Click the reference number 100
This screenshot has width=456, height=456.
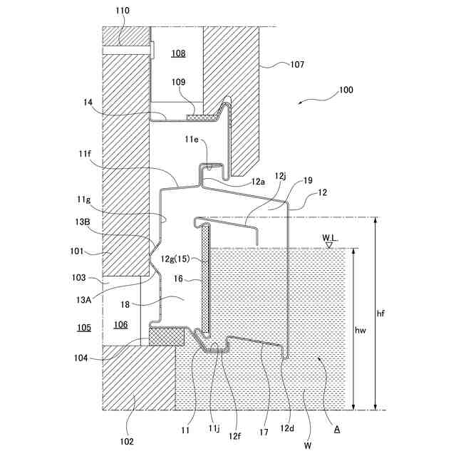[x=346, y=90]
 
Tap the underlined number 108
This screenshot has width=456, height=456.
[x=178, y=53]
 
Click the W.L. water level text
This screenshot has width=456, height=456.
[x=329, y=237]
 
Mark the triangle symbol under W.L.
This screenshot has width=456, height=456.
[x=329, y=245]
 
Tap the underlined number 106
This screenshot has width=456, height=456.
[x=121, y=325]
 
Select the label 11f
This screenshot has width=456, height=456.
[x=85, y=153]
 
